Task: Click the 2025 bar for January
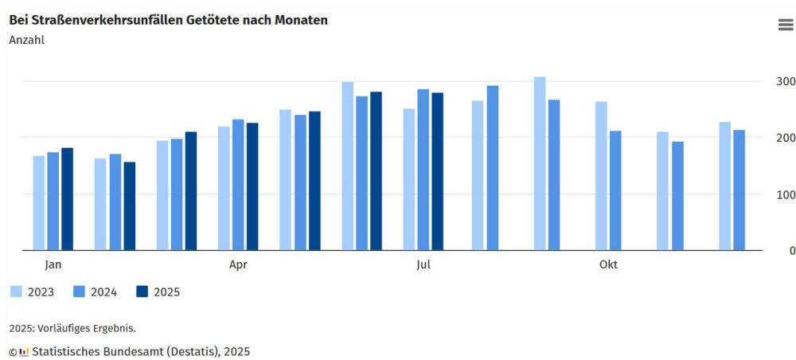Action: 67,198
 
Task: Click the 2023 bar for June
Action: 347,166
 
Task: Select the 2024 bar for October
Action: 615,190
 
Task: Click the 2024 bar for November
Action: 677,196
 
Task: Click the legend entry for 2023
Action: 32,292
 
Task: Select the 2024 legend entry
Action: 95,292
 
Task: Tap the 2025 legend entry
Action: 158,292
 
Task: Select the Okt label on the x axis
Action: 608,264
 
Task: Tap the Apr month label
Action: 238,264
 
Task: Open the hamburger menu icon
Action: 785,25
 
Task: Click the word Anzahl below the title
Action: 27,39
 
